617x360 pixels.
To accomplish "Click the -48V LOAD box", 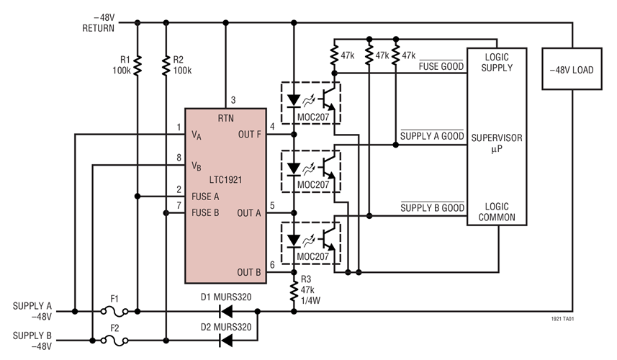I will point(572,70).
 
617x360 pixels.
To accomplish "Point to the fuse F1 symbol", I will point(114,312).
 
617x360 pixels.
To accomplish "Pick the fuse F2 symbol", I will point(114,336).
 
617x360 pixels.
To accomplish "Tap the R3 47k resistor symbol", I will point(294,289).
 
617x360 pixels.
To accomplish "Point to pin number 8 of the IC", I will point(178,158).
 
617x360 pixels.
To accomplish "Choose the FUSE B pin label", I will point(206,212).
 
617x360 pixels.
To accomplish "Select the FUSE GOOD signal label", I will point(441,67).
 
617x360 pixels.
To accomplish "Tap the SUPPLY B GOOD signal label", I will point(431,208).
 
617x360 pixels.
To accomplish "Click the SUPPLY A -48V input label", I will point(32,310).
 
